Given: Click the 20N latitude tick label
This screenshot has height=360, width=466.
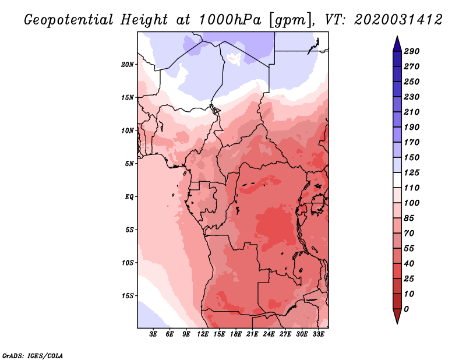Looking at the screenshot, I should (x=128, y=64).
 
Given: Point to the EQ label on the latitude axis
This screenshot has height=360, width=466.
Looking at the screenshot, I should (x=129, y=196).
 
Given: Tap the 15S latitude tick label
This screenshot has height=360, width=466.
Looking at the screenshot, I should (x=128, y=296).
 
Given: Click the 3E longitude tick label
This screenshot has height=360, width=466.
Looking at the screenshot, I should (x=153, y=334).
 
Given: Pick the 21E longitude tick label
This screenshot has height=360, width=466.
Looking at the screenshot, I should (x=252, y=334).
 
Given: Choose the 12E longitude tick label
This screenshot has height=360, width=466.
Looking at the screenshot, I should (x=203, y=334).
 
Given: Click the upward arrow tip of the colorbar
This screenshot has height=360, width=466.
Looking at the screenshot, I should (x=397, y=38).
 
